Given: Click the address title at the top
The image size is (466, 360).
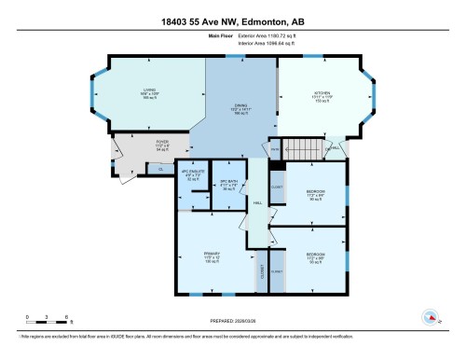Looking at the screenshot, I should (x=232, y=10).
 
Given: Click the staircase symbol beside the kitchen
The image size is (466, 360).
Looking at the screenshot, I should (x=303, y=146).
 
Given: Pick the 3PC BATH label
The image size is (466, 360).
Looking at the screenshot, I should (x=229, y=184).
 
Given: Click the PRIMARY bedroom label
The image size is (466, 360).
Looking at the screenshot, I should (x=212, y=256).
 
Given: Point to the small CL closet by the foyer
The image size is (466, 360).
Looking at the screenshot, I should (x=159, y=168).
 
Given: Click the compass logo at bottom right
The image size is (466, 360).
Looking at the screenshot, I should (x=431, y=317).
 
